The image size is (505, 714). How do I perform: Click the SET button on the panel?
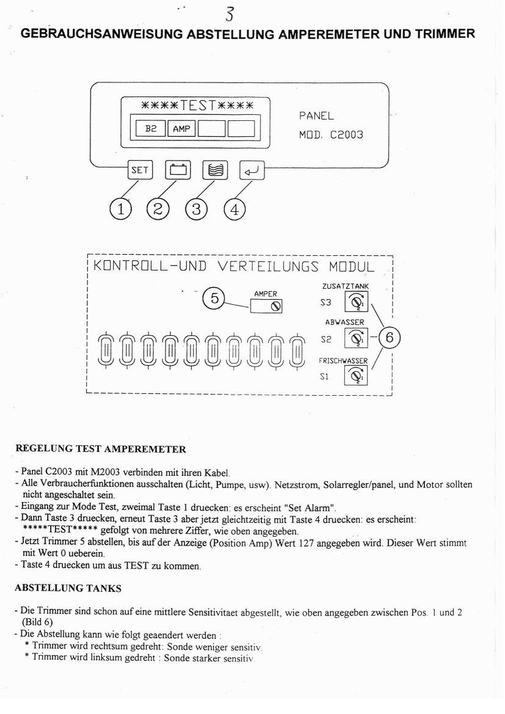[x=140, y=170]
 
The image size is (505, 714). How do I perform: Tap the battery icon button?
[x=178, y=170]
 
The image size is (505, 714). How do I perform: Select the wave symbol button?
[x=216, y=170]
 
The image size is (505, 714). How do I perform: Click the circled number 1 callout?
[x=120, y=209]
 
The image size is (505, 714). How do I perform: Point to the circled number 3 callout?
[x=196, y=209]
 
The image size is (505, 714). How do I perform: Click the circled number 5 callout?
[x=214, y=299]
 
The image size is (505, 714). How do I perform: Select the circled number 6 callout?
[x=390, y=337]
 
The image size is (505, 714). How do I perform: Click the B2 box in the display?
[x=150, y=129]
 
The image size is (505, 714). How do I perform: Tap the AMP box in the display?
[x=181, y=129]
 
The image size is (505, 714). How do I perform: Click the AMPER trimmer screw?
[x=276, y=307]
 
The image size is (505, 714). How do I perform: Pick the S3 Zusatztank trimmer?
[x=355, y=302]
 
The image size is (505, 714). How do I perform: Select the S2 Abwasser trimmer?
[x=355, y=338]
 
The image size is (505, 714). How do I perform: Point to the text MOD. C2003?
[x=330, y=134]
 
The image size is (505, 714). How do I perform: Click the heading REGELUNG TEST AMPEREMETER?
[x=100, y=450]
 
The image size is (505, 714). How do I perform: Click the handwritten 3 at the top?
[x=230, y=12]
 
